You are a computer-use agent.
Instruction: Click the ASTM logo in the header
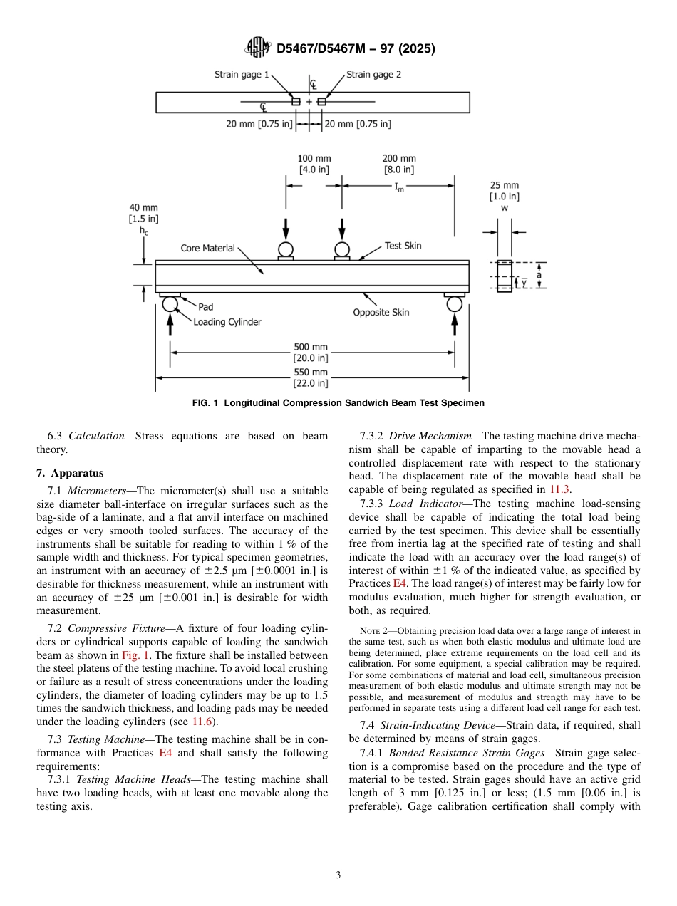pyautogui.click(x=257, y=48)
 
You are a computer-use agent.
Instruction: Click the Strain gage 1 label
pyautogui.click(x=242, y=74)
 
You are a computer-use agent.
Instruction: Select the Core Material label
pyautogui.click(x=207, y=248)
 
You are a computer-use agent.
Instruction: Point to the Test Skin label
pyautogui.click(x=403, y=246)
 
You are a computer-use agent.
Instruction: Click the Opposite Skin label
pyautogui.click(x=381, y=313)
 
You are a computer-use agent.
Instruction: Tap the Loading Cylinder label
pyautogui.click(x=227, y=322)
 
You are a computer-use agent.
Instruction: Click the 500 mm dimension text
pyautogui.click(x=311, y=347)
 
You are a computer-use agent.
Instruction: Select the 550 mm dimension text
pyautogui.click(x=311, y=372)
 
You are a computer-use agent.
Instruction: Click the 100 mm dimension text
pyautogui.click(x=314, y=158)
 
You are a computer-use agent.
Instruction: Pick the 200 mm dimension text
pyautogui.click(x=399, y=158)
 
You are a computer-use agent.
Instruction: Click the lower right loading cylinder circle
pyautogui.click(x=455, y=304)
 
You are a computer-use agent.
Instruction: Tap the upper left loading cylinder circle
pyautogui.click(x=286, y=249)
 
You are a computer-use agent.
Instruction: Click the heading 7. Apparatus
pyautogui.click(x=70, y=472)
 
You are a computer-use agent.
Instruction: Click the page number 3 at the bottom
pyautogui.click(x=338, y=875)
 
